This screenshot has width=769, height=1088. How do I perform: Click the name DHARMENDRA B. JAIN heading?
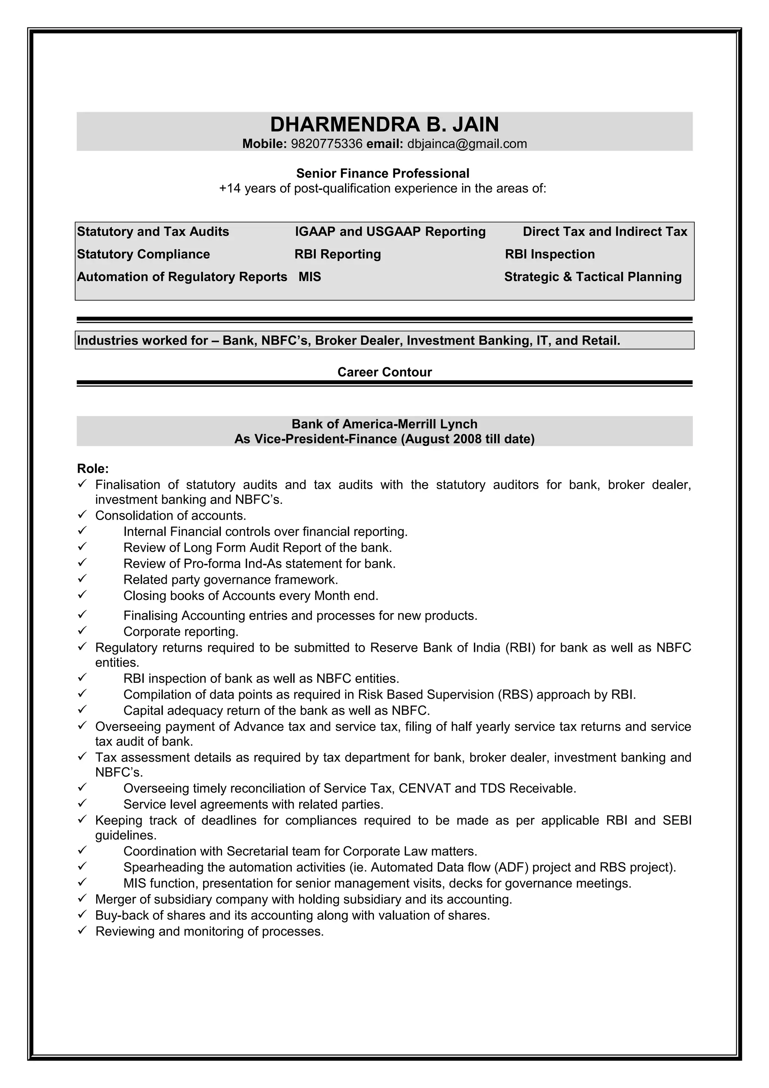pyautogui.click(x=384, y=125)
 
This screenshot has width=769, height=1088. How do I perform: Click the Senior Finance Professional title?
pyautogui.click(x=382, y=173)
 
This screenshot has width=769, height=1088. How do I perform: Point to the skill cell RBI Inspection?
pyautogui.click(x=550, y=255)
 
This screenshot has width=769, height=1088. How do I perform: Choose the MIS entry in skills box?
pyautogui.click(x=310, y=277)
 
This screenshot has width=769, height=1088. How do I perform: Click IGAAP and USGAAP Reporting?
pyautogui.click(x=390, y=232)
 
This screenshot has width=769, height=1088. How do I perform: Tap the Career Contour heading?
pyautogui.click(x=384, y=372)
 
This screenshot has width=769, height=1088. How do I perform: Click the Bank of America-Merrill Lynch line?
pyautogui.click(x=384, y=424)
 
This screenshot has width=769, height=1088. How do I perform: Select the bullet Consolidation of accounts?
pyautogui.click(x=170, y=515)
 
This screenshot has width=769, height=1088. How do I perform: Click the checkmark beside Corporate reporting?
pyautogui.click(x=82, y=631)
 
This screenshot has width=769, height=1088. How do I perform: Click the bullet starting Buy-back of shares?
pyautogui.click(x=293, y=916)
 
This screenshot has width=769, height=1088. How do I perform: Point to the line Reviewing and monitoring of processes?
pyautogui.click(x=210, y=931)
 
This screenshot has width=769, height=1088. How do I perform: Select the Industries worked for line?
pyautogui.click(x=348, y=341)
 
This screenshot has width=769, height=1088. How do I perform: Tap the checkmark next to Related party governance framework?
pyautogui.click(x=82, y=579)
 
